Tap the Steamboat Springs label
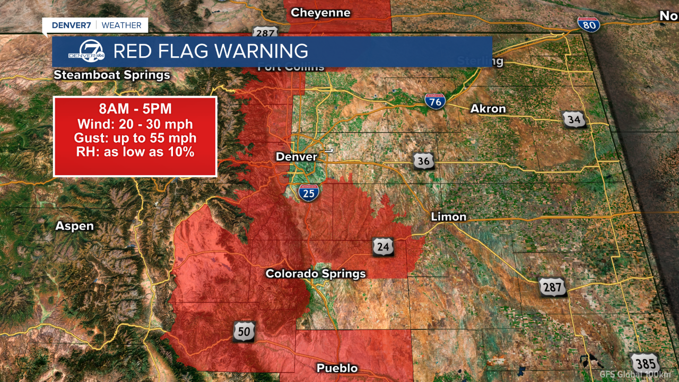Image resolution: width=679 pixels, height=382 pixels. click(112, 75)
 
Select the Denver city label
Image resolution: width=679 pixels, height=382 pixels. click(296, 157)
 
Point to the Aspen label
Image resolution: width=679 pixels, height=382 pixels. click(75, 226)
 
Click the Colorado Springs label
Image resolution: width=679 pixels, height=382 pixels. click(316, 274)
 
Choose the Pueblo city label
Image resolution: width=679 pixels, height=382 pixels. click(337, 368)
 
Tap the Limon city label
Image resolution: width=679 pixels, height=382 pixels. click(449, 216)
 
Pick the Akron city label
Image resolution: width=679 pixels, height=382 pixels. click(488, 109)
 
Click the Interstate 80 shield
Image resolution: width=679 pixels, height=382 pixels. click(589, 24)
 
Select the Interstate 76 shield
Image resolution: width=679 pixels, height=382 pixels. click(435, 101)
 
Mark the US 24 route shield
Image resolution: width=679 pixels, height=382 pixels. click(384, 247)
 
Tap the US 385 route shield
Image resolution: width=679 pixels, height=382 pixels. click(645, 363)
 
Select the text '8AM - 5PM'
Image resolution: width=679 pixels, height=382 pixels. click(135, 109)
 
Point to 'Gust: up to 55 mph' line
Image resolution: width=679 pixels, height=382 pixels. click(135, 138)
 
